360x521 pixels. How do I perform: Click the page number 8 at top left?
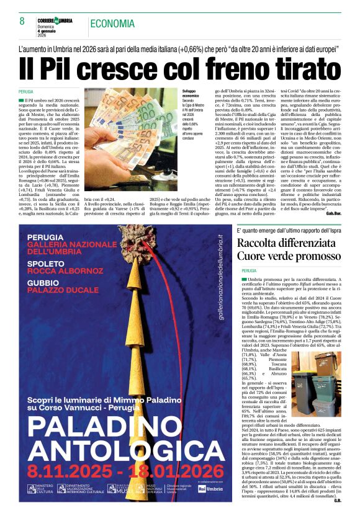[22, 22]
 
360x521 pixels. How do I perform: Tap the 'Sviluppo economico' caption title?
[191, 94]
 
